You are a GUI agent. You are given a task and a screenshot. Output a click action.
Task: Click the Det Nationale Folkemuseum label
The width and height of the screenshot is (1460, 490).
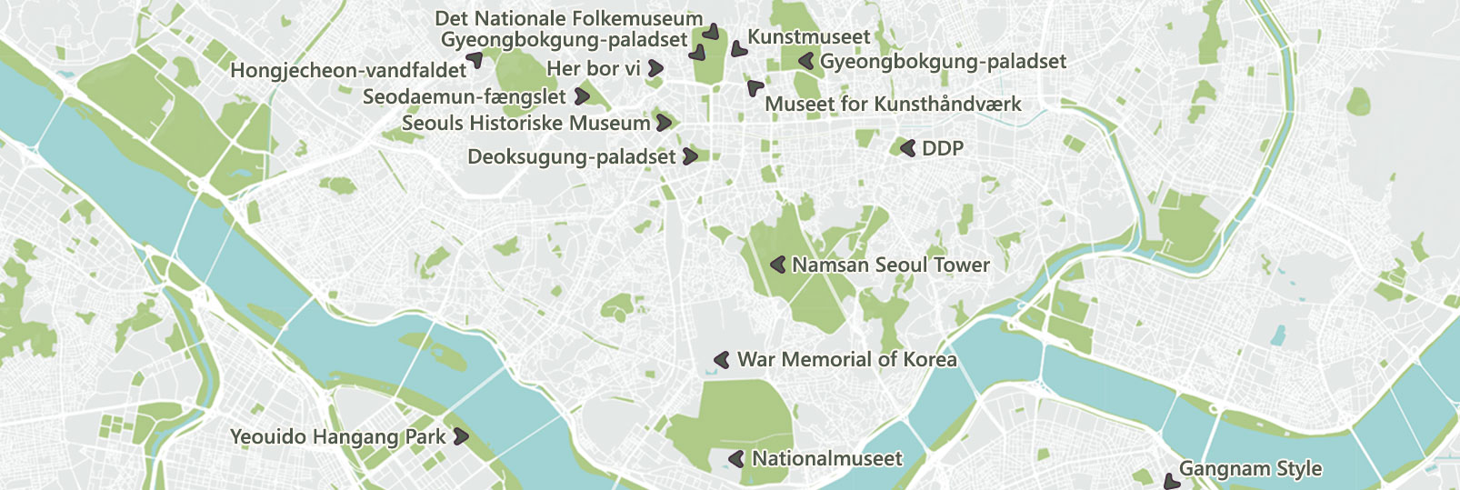pyautogui.click(x=568, y=18)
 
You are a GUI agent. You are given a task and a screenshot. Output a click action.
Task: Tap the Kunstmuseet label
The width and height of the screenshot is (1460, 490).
pyautogui.click(x=808, y=37)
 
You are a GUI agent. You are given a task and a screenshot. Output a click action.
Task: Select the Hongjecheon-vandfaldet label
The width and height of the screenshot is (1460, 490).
pyautogui.click(x=348, y=70)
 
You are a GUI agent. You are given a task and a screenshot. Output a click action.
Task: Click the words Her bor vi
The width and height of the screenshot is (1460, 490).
pyautogui.click(x=593, y=68)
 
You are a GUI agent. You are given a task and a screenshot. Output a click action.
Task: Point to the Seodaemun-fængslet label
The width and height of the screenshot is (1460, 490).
pyautogui.click(x=464, y=96)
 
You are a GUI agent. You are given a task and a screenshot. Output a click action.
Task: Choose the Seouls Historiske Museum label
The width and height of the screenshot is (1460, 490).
pyautogui.click(x=525, y=123)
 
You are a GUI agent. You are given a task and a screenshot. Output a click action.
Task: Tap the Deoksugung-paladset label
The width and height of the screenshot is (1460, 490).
pyautogui.click(x=571, y=156)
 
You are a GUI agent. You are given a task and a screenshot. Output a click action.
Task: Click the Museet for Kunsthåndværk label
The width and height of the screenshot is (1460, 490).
pyautogui.click(x=893, y=104)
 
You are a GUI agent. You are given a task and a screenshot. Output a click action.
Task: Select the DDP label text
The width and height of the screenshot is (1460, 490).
pyautogui.click(x=942, y=148)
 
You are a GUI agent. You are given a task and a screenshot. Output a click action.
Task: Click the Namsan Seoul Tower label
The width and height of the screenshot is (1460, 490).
pyautogui.click(x=890, y=265)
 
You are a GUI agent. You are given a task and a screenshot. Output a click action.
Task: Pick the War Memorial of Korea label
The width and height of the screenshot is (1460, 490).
pyautogui.click(x=846, y=359)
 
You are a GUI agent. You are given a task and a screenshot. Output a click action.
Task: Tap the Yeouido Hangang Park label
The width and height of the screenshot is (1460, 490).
pyautogui.click(x=337, y=436)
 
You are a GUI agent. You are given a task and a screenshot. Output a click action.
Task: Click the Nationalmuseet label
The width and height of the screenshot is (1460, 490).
pyautogui.click(x=826, y=458)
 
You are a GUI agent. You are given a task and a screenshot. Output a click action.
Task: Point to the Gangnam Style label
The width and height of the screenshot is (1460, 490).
pyautogui.click(x=1250, y=469)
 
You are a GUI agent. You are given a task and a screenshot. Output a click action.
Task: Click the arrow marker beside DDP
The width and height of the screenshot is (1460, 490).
pyautogui.click(x=907, y=147)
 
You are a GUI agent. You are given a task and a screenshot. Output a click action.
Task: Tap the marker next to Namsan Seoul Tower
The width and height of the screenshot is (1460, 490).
pyautogui.click(x=778, y=265)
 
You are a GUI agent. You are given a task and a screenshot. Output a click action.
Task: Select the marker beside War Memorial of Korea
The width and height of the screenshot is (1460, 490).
pyautogui.click(x=723, y=360)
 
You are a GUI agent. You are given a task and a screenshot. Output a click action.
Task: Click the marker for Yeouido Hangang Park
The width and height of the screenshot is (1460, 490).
pyautogui.click(x=461, y=436)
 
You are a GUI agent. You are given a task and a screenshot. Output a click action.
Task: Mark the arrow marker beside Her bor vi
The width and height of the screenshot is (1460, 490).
pyautogui.click(x=655, y=68)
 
